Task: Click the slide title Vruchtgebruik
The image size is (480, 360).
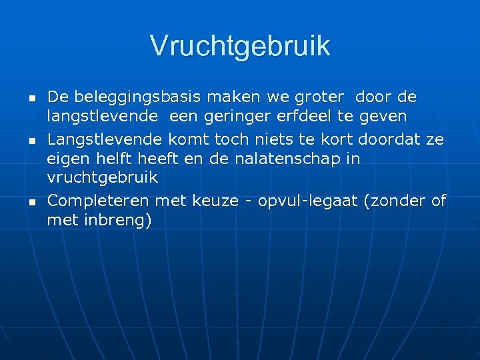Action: point(240,46)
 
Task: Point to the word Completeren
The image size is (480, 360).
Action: point(98,200)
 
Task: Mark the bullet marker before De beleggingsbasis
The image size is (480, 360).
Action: point(31,99)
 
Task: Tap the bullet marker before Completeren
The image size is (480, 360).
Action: point(31,201)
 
